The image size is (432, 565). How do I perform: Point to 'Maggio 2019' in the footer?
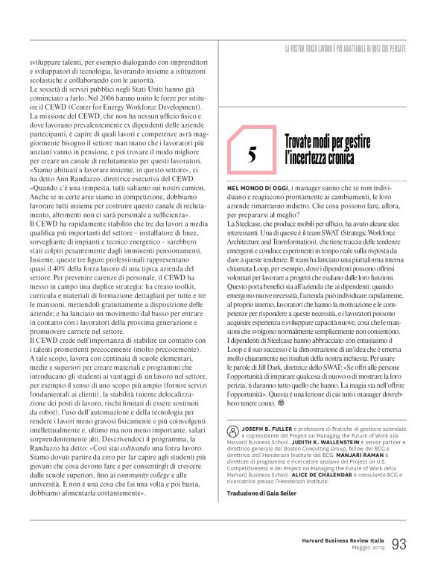coord(366,549)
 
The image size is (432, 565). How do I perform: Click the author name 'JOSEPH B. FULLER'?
coord(261,431)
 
